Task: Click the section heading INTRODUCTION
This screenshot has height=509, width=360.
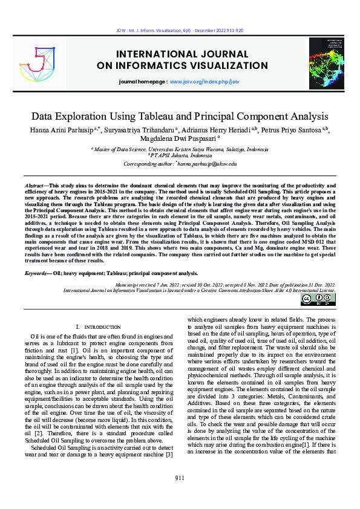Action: click(102, 326)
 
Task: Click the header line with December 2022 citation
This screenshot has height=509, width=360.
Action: click(180, 30)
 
